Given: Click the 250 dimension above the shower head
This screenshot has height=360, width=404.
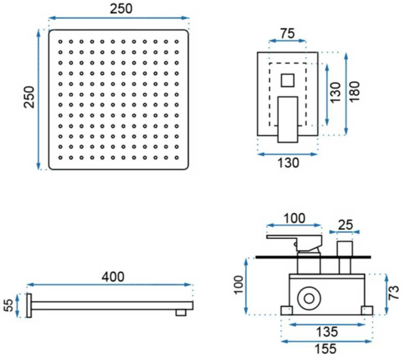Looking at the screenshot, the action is (121, 9).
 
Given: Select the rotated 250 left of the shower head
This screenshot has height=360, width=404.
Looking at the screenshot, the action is (29, 97).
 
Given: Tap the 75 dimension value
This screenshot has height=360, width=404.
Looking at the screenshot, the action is (287, 34).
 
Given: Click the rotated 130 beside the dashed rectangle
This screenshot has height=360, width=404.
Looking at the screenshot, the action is (335, 93).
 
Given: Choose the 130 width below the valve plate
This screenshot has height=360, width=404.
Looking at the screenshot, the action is (288, 163).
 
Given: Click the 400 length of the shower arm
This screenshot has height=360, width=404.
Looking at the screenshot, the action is (113, 277).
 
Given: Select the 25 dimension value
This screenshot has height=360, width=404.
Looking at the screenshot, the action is (345, 225).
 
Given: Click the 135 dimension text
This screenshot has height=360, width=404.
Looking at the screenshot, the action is (327, 332).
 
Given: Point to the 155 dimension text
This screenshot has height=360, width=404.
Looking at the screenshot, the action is (326, 349).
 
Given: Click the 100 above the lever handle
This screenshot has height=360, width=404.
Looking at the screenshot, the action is (294, 218).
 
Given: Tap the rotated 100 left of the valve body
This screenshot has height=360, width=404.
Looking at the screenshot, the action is (238, 284).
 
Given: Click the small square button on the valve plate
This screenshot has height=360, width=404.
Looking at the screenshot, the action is (288, 80).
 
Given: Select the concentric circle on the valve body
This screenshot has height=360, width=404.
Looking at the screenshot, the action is (309, 299).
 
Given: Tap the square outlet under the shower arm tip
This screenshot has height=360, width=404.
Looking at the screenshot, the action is (181, 313).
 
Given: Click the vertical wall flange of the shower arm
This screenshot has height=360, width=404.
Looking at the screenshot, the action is (29, 305).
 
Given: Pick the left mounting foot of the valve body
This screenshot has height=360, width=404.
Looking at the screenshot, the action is (287, 310).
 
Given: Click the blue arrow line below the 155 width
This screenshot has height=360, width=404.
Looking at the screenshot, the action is (326, 342).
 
